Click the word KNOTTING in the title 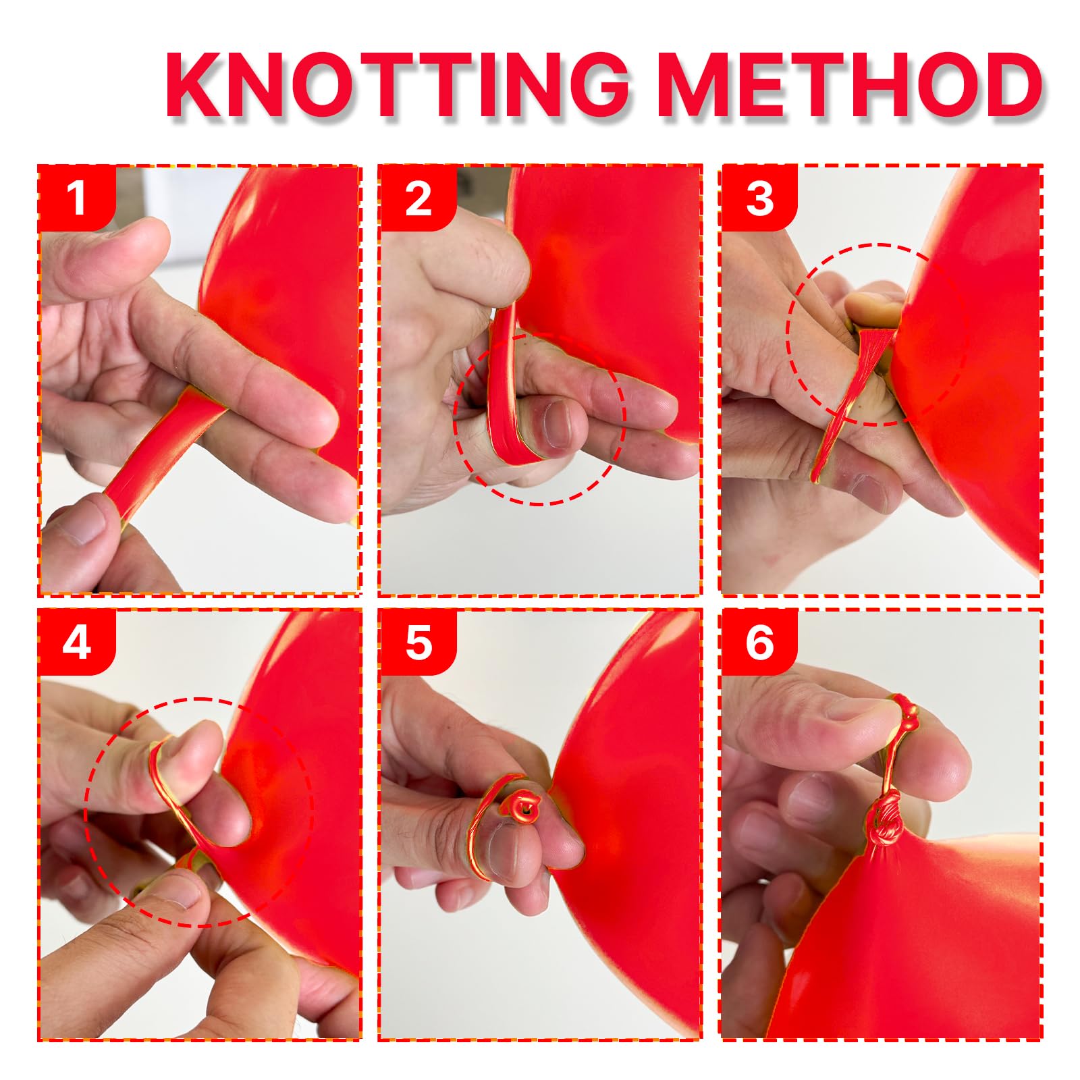(x=398, y=86)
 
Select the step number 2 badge (x=418, y=198)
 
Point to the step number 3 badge (x=760, y=198)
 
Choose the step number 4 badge (x=76, y=643)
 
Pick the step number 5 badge (x=418, y=643)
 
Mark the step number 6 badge (x=760, y=643)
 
